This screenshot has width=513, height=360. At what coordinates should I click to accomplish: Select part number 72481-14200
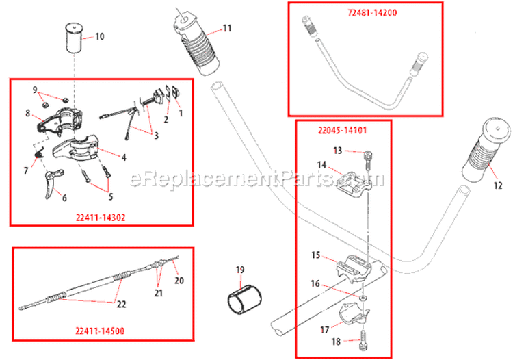click(363, 12)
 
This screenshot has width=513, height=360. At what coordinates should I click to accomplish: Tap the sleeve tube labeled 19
click(244, 299)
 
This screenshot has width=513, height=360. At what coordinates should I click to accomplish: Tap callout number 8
click(28, 113)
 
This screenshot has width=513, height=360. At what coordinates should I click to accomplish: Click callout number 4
click(124, 157)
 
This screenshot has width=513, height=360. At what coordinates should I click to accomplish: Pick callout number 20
click(179, 280)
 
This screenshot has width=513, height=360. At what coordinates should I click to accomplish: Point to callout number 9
click(35, 89)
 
